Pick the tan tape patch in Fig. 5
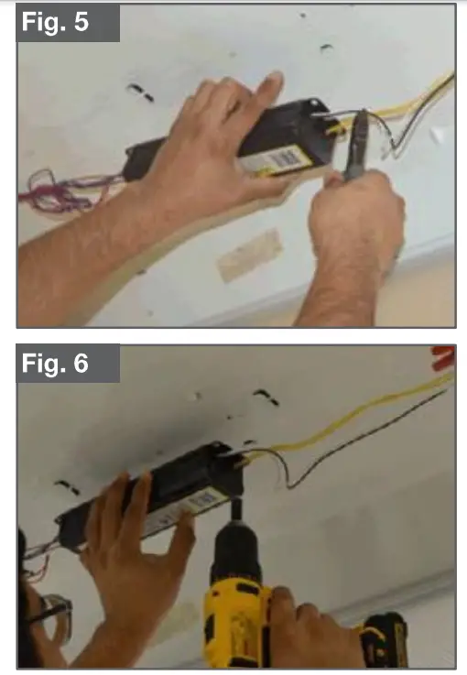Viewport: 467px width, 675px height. pos(249,256)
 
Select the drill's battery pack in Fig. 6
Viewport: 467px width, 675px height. pos(383,637)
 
